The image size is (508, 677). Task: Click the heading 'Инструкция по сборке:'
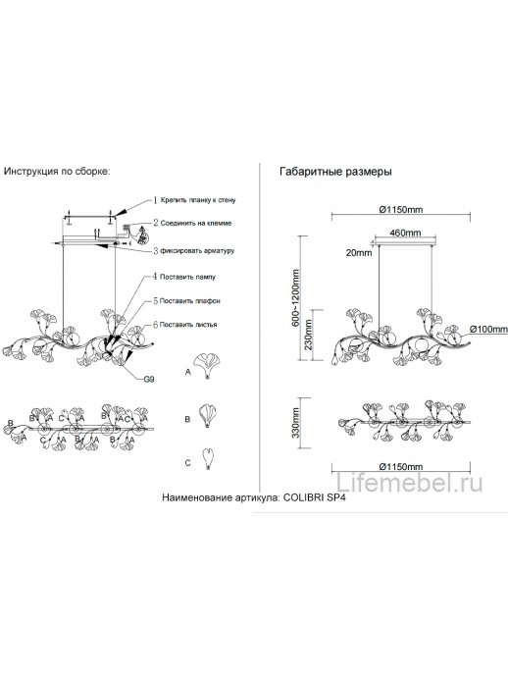click(57, 171)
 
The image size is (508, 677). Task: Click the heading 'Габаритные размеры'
click(335, 172)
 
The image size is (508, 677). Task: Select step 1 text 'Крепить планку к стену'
click(198, 200)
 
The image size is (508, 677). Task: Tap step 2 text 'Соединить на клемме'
click(196, 224)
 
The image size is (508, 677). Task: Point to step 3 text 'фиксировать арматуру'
click(197, 250)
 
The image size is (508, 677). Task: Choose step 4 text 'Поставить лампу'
click(187, 277)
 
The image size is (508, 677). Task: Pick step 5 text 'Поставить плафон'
click(190, 301)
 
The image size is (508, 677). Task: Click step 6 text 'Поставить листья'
click(188, 325)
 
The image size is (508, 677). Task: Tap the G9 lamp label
click(149, 380)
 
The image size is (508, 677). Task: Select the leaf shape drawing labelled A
click(207, 366)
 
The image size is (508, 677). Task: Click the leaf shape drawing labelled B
click(208, 415)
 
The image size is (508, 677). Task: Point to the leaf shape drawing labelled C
click(209, 459)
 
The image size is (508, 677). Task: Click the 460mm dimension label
click(405, 233)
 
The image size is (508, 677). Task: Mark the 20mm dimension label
click(359, 252)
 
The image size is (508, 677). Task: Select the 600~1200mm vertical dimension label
click(295, 298)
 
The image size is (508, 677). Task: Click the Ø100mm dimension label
click(488, 329)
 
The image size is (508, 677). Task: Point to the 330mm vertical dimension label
click(295, 423)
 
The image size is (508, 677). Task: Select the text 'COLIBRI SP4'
click(314, 497)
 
